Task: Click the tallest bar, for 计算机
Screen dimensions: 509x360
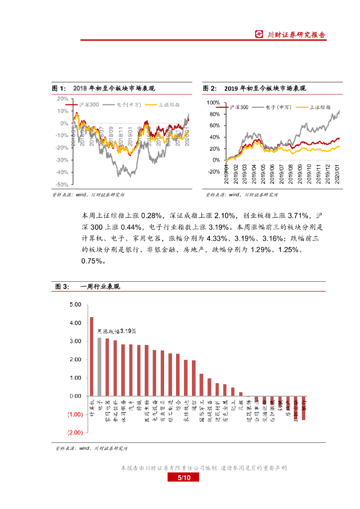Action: coord(91,356)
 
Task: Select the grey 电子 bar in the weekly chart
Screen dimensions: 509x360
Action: coord(99,367)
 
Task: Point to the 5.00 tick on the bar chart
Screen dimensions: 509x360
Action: coord(76,305)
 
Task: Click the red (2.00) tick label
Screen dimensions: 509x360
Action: coord(75,433)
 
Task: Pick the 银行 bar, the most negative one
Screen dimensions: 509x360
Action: coord(304,408)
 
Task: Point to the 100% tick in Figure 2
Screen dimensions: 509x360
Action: coord(213,102)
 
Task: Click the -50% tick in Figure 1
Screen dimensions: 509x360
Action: coord(62,184)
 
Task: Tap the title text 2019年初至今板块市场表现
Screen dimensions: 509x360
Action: coord(265,88)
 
